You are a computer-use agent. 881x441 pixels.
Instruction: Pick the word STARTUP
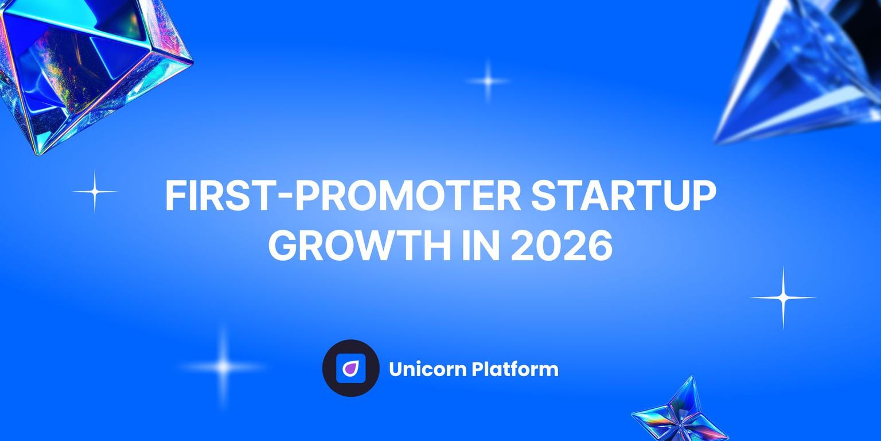[x=623, y=197]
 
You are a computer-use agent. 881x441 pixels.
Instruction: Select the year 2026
[x=561, y=246]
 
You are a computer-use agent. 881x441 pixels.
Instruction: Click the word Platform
[x=515, y=369]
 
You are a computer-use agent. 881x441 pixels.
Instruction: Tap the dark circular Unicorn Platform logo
[x=350, y=368]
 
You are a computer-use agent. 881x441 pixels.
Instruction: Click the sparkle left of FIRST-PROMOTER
[x=95, y=191]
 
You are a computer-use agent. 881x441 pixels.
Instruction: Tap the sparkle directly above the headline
[x=488, y=81]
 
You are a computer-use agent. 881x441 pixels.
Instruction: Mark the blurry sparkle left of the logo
[x=223, y=366]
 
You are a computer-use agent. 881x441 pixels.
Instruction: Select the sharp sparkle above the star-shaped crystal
[x=783, y=297]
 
